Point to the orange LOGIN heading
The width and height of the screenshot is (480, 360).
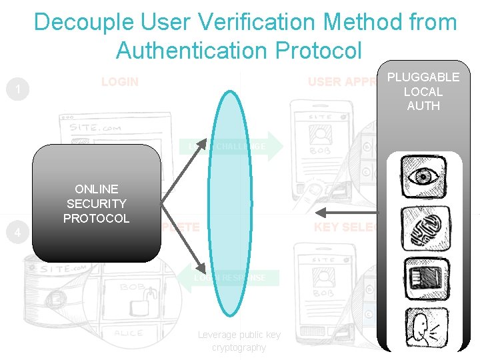click(120, 82)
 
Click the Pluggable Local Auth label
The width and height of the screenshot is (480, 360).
click(423, 91)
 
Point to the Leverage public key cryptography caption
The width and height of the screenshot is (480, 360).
click(239, 341)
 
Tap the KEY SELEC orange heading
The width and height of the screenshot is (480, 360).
click(345, 227)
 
